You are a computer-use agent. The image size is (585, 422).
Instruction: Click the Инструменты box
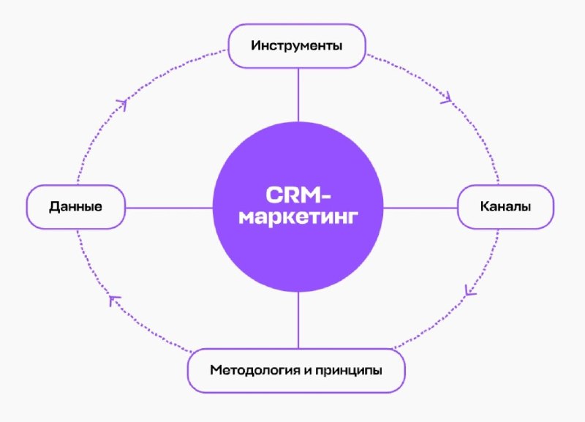(297, 46)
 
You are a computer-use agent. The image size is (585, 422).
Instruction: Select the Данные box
(75, 207)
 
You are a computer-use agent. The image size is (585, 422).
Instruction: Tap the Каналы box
(505, 207)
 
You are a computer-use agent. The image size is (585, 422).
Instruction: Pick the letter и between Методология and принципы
(308, 370)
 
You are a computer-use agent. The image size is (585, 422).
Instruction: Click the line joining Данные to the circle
(169, 208)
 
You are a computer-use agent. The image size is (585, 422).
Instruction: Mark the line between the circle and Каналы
(420, 208)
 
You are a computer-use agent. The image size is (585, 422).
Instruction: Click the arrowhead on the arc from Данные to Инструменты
(122, 105)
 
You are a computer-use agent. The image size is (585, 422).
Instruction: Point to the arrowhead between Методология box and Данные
(114, 300)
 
